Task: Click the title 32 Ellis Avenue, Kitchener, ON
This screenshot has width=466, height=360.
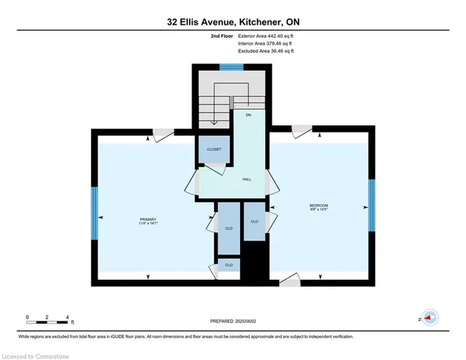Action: point(232,22)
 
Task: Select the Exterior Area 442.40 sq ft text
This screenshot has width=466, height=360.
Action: point(265,36)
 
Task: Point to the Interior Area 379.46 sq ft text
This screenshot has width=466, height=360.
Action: point(264,44)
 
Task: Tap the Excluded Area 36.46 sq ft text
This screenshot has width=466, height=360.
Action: point(265,52)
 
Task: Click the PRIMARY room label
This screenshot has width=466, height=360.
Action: point(148,219)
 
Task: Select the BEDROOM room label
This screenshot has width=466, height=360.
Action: point(319,206)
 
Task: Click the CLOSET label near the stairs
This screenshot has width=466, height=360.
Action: point(213,149)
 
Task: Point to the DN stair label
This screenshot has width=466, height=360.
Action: point(248,115)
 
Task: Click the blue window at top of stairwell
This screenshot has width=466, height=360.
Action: point(232,68)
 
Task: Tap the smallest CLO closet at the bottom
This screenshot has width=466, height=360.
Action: point(229,265)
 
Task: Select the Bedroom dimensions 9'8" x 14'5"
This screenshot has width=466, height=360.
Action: point(319,211)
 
